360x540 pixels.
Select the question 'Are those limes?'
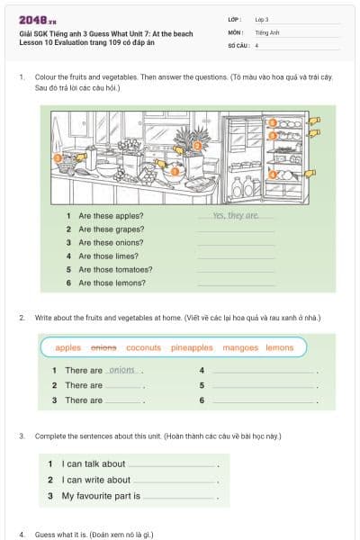[x=109, y=256]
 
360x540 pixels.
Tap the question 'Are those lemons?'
[x=112, y=283]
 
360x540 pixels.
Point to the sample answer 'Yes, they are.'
[x=236, y=216]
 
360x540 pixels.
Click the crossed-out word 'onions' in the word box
[x=103, y=347]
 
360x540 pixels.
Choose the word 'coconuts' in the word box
[x=143, y=347]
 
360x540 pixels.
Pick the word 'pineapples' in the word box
[x=192, y=347]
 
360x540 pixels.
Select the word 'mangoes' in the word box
[x=239, y=347]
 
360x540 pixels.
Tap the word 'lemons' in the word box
[x=279, y=347]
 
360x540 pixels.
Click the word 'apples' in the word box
[x=68, y=347]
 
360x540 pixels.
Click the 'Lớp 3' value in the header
[x=262, y=19]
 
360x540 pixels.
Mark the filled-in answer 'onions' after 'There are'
[x=121, y=370]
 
